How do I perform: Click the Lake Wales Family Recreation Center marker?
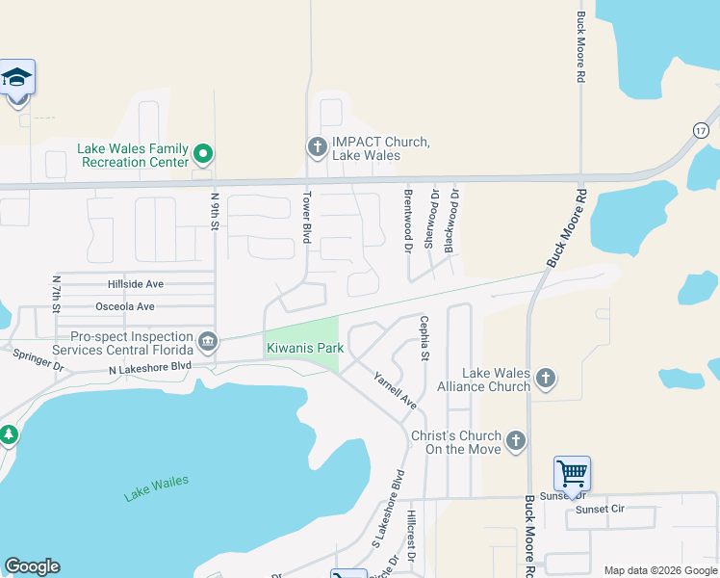point(202,153)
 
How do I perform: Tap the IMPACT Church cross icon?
point(317,147)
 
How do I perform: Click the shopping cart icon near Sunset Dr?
point(572,474)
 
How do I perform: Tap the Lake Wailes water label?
point(156,488)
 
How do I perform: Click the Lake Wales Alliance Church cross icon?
point(546,378)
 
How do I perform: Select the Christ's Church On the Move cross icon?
point(516,441)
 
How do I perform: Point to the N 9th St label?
point(215,213)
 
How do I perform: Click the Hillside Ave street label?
point(136,284)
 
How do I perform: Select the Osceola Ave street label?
point(125,307)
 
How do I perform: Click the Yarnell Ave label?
point(395,391)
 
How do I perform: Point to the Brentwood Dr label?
point(408,221)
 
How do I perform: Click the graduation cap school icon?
point(17,77)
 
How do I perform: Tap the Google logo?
point(32,566)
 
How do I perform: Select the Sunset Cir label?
point(600,509)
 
